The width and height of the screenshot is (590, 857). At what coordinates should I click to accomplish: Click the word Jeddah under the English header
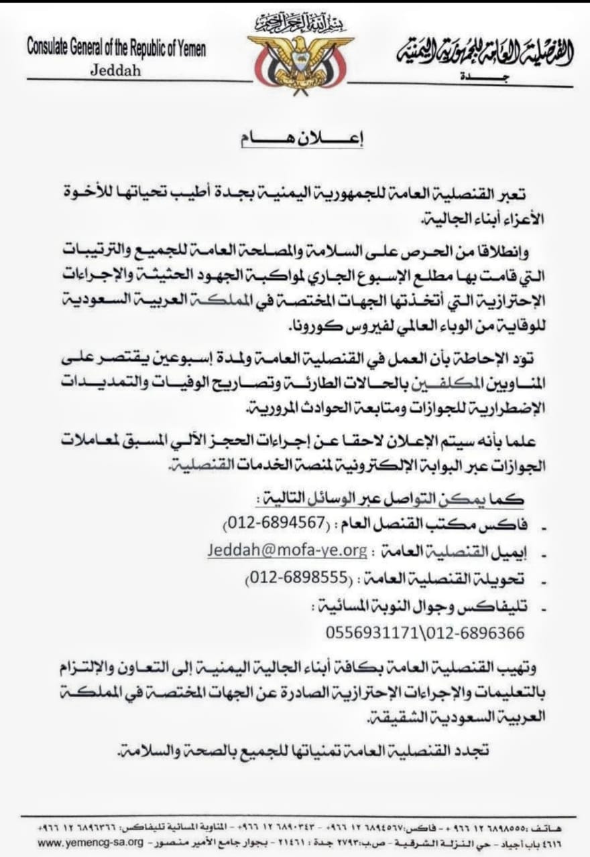(115, 70)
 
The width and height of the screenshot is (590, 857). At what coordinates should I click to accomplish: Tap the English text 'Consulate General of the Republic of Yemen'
(117, 49)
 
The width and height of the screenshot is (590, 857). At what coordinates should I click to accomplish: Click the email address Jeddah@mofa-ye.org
(286, 550)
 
